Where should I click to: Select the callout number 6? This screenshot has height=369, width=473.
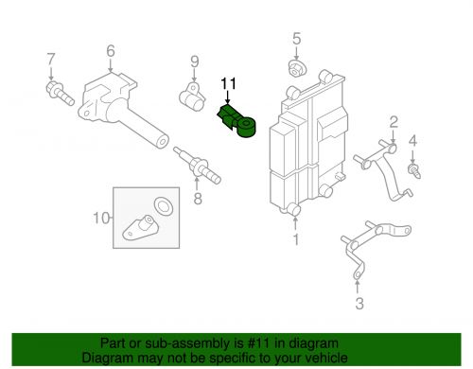[x=110, y=50]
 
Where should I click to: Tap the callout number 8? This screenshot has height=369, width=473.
[x=197, y=200]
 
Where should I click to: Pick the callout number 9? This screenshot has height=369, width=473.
[x=194, y=63]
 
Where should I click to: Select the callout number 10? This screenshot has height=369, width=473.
[x=101, y=220]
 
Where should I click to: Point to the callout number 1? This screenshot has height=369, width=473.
[x=295, y=241]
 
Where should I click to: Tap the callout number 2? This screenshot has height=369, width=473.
[x=393, y=120]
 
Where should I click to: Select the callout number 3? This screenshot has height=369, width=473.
[x=359, y=304]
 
